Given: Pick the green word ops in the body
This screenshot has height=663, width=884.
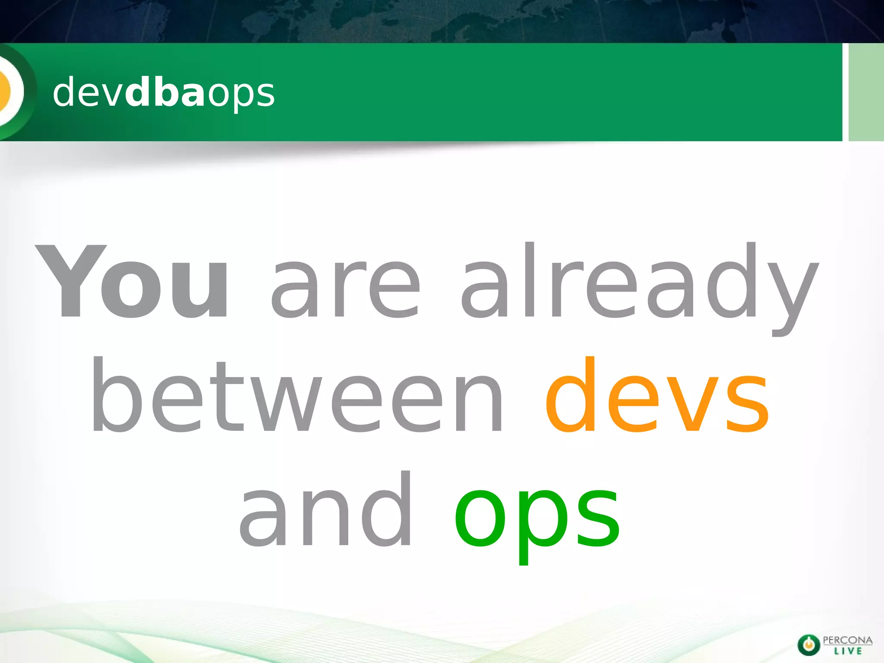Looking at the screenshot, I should pos(537,518).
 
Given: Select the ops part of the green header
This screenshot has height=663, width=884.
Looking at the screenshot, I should pos(241,95).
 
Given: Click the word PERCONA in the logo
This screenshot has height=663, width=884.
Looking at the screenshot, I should pos(847,640).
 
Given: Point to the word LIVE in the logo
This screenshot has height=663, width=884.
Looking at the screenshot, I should pos(848,651).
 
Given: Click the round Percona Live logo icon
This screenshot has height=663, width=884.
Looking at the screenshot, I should pos(808,645).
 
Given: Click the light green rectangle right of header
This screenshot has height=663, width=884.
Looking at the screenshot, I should pos(866,92).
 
